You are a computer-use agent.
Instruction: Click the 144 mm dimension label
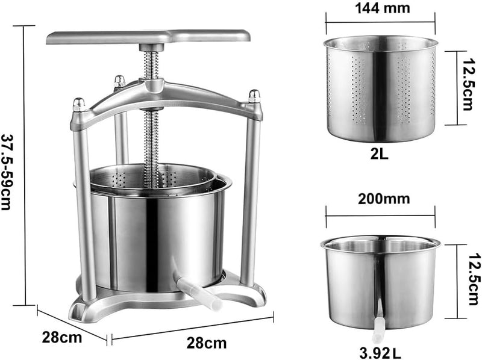pos(383,8)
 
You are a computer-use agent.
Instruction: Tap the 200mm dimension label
pos(384,199)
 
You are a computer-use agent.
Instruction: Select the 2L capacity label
pos(379,154)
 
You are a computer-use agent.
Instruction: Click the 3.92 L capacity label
pos(380,353)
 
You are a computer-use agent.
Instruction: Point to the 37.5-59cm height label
pos(7,172)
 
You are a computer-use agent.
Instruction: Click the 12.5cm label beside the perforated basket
pos(466,84)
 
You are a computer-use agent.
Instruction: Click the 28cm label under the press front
pos(207,343)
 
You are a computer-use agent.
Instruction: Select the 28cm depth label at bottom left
pos(62,337)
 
